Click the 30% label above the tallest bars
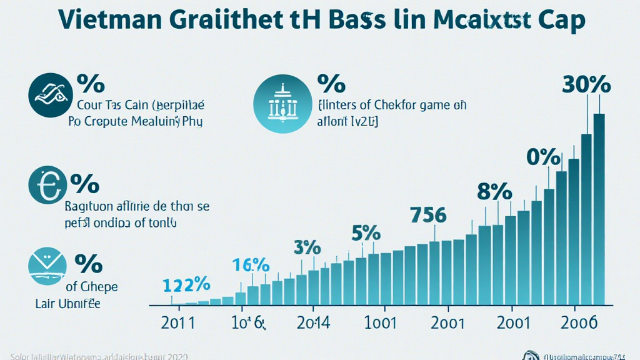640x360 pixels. click(x=586, y=84)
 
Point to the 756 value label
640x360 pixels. click(x=428, y=215)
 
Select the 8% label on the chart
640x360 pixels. click(x=494, y=192)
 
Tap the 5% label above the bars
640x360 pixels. click(x=366, y=232)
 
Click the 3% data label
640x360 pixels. click(x=307, y=246)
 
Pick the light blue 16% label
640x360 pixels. click(x=250, y=264)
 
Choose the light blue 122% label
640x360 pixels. click(x=186, y=285)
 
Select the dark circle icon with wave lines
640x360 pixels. click(x=47, y=94)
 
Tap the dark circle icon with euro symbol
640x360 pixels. click(x=47, y=186)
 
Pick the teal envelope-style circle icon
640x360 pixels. click(x=47, y=265)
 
